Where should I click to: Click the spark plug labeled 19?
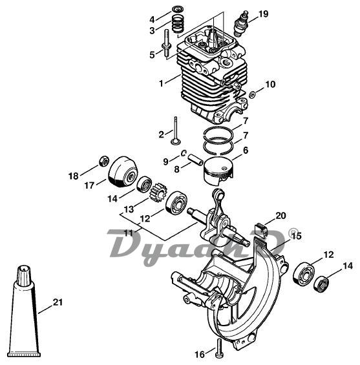(241, 23)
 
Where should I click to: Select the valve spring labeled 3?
(178, 24)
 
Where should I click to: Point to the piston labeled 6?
(218, 171)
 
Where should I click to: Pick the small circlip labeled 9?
(184, 153)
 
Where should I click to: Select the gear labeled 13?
(159, 193)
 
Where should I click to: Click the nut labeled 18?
(104, 161)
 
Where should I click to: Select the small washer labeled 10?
(251, 94)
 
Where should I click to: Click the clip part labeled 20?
(261, 230)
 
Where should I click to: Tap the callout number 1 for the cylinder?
(161, 83)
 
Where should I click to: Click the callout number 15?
(296, 236)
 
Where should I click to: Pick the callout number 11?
(129, 233)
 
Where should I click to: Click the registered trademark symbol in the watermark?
(293, 233)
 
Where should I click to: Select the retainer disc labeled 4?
(178, 10)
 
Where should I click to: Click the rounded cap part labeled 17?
(123, 172)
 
